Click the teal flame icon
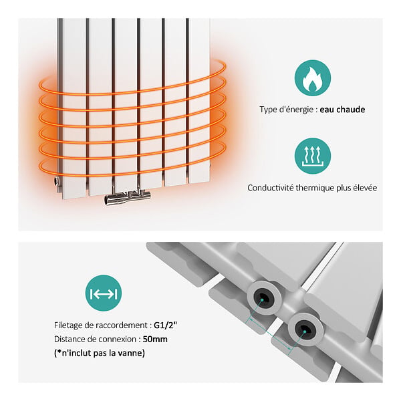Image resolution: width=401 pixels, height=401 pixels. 313,78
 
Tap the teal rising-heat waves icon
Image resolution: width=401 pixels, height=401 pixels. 313,156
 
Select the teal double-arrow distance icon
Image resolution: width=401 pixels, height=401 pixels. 104,293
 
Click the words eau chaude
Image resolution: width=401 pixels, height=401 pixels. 342,110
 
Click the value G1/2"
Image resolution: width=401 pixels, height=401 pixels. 165,325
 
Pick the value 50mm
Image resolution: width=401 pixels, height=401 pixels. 155,340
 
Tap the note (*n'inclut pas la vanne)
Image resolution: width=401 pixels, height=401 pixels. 100,353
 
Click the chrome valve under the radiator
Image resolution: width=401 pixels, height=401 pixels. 127,196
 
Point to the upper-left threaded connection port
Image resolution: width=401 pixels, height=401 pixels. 264,298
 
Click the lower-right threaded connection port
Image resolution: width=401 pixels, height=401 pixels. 305,329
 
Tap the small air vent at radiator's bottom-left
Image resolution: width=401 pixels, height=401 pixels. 57,181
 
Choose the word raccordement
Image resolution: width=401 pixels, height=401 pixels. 121,325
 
